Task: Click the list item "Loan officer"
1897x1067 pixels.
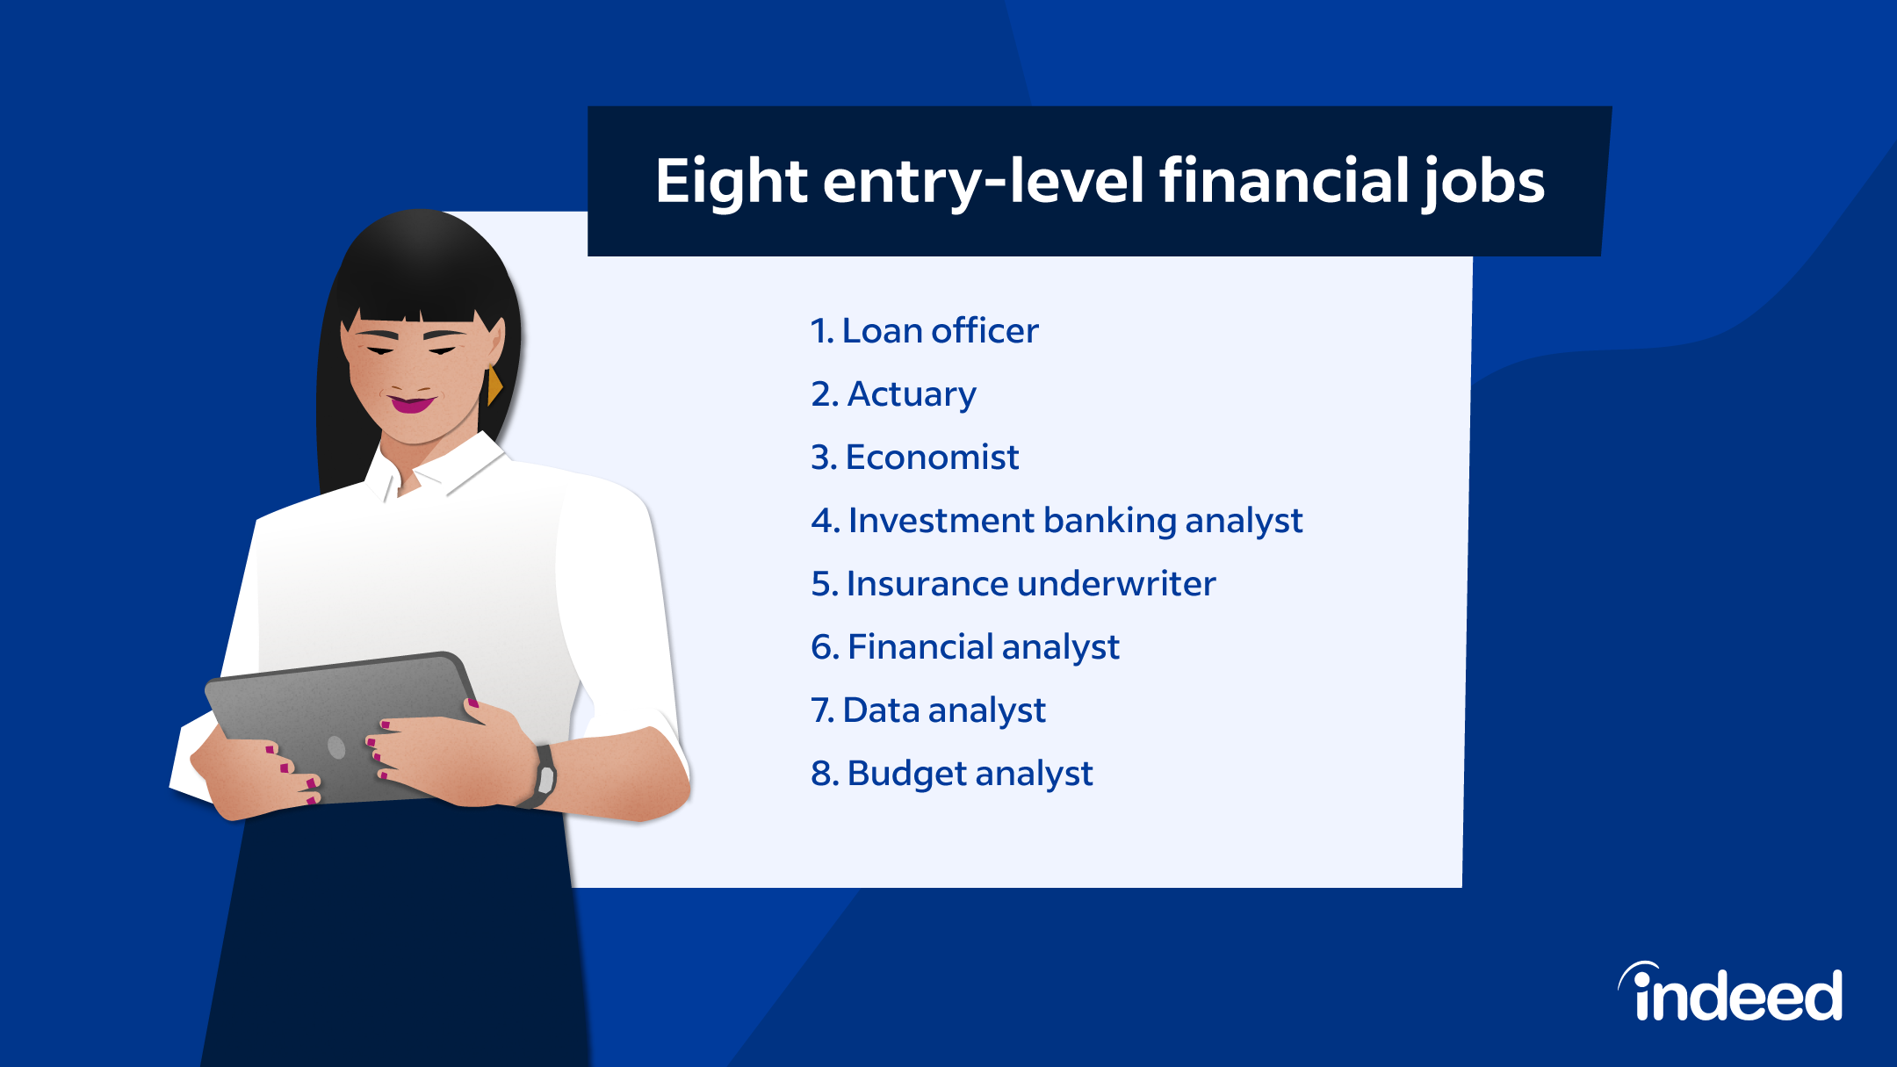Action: [x=924, y=331]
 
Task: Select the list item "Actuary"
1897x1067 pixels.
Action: [x=893, y=395]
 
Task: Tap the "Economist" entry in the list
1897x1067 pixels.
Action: [x=914, y=458]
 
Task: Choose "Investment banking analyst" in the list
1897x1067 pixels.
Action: [x=1057, y=522]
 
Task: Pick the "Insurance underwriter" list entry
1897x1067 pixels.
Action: [x=1013, y=584]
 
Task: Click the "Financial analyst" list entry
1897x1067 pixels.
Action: [x=965, y=648]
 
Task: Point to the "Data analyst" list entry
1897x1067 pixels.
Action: [x=928, y=711]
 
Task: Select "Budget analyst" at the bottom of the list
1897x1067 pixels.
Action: [x=952, y=775]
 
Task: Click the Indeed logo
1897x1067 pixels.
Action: [x=1730, y=993]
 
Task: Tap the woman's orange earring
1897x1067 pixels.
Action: [x=495, y=386]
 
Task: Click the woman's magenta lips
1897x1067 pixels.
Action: [x=412, y=404]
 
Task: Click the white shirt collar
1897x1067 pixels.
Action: [x=439, y=465]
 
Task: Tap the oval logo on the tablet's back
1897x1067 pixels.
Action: [x=336, y=747]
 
